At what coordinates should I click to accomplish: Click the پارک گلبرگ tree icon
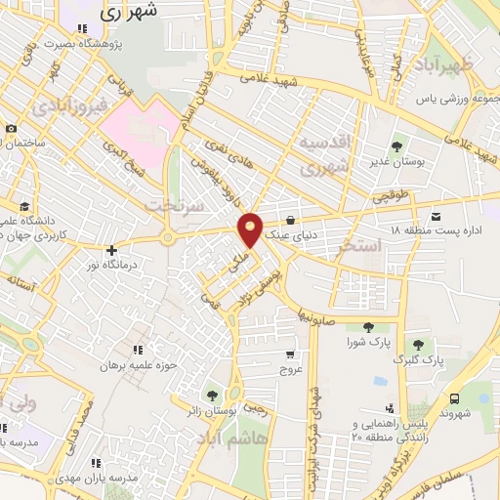pyautogui.click(x=419, y=344)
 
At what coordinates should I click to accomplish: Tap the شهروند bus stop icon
pyautogui.click(x=454, y=398)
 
